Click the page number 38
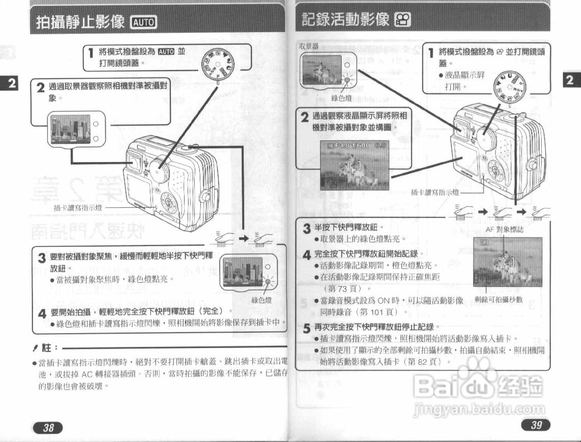(48, 427)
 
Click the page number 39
(536, 424)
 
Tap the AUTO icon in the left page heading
(143, 22)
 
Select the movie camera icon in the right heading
(403, 20)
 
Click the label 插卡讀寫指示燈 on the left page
(78, 208)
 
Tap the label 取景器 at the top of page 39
(309, 46)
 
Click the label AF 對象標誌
(504, 230)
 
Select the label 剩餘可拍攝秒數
(498, 300)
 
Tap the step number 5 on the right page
(307, 328)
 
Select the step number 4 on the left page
(42, 313)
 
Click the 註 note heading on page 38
(46, 348)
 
